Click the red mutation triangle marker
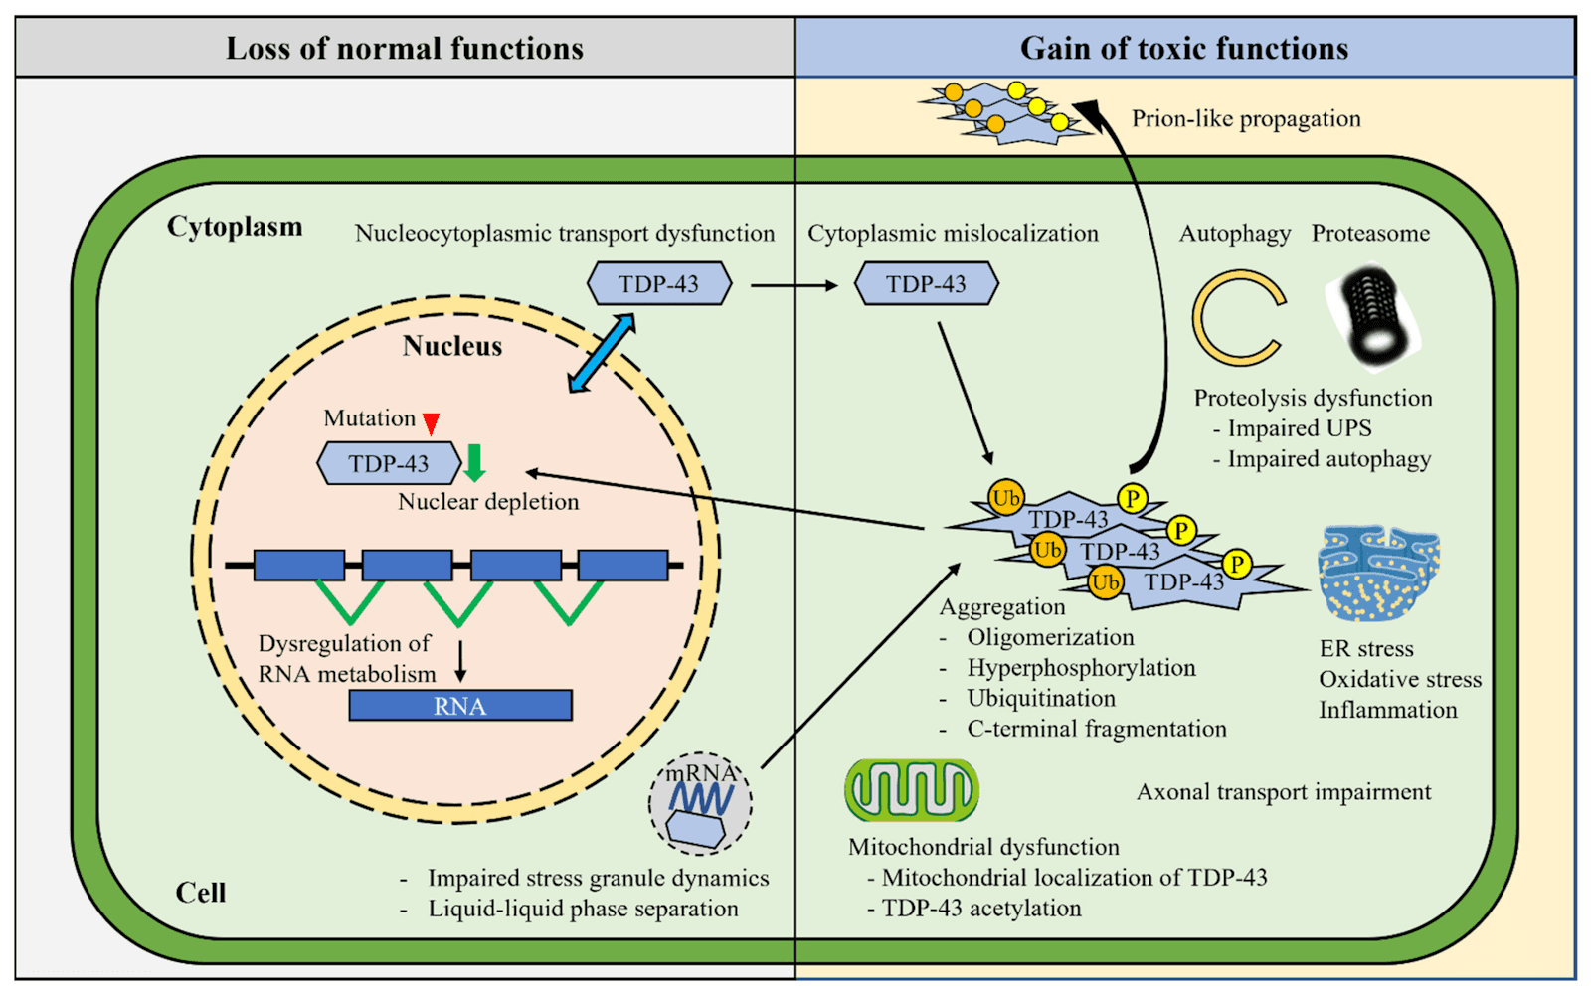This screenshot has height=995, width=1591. (x=431, y=424)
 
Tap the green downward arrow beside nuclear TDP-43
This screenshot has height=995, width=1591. (x=474, y=462)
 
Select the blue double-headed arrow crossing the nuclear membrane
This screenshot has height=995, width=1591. (x=602, y=353)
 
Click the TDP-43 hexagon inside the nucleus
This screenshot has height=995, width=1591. (x=389, y=463)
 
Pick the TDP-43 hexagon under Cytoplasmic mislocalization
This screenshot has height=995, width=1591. (x=926, y=284)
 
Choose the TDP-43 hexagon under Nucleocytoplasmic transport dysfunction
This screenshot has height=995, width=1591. (x=658, y=284)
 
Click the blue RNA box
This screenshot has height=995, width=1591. (x=459, y=706)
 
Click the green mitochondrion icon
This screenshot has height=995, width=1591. (x=911, y=790)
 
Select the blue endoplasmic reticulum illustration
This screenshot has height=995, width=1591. (x=1378, y=574)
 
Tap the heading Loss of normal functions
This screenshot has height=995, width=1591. (x=404, y=48)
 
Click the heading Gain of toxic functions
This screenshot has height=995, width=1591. (x=1183, y=48)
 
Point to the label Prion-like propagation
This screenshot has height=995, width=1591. (x=1245, y=119)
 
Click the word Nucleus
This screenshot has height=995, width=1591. (x=452, y=346)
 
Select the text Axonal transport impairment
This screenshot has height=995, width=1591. (x=1283, y=792)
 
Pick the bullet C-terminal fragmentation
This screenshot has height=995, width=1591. (x=1096, y=729)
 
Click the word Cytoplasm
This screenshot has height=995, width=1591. (x=235, y=227)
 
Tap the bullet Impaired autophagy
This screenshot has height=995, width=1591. (x=1327, y=459)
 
